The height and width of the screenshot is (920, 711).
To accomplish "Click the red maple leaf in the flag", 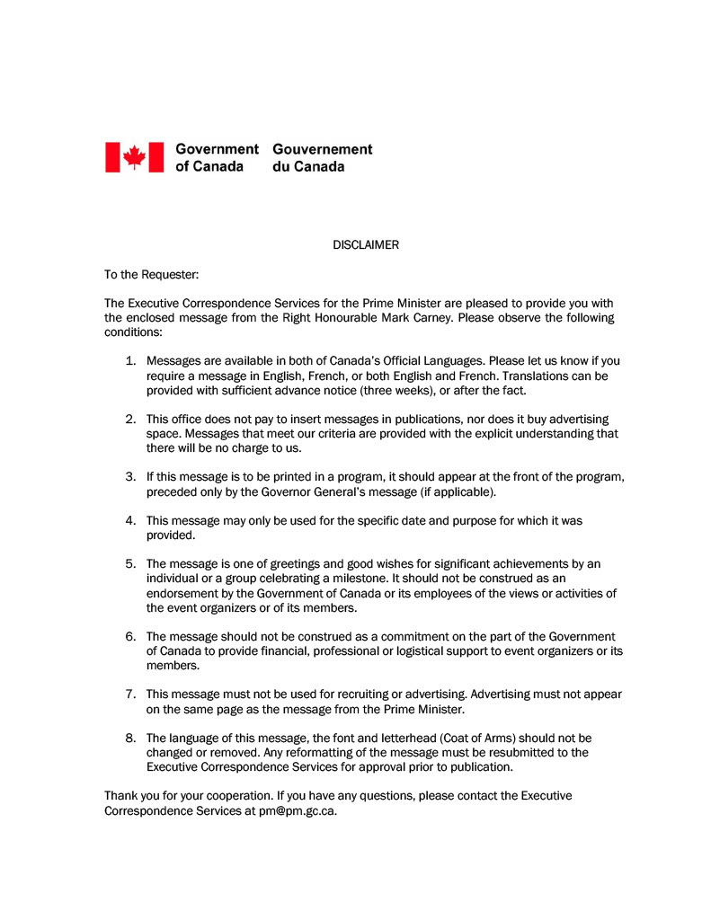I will click(135, 156).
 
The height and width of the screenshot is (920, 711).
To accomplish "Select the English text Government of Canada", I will click(217, 157).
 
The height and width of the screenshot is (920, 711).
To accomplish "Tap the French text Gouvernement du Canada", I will click(322, 157).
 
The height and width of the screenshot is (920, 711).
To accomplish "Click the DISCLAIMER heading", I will click(366, 244).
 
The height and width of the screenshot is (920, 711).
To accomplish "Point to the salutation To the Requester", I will click(151, 274).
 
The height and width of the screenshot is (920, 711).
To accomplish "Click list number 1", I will click(130, 361).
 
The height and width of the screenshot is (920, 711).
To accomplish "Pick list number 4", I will click(130, 520).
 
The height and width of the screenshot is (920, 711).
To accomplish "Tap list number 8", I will click(130, 739).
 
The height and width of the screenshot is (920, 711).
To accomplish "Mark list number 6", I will click(130, 636).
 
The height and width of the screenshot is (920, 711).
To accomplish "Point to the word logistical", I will click(458, 650).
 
